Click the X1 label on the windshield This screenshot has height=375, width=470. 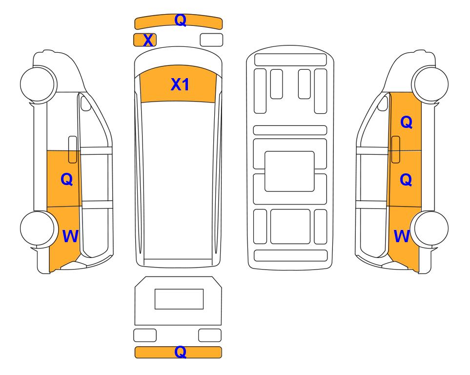(x=180, y=84)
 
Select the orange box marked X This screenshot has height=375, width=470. (x=145, y=40)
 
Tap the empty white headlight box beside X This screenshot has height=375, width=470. (x=211, y=40)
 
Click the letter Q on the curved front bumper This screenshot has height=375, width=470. (x=181, y=20)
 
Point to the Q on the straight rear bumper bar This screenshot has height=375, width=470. (x=181, y=352)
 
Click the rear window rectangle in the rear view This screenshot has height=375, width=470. (x=179, y=299)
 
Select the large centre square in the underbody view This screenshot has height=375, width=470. (x=289, y=171)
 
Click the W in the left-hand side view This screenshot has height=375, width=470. (x=70, y=236)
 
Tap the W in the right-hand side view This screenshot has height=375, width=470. (x=402, y=236)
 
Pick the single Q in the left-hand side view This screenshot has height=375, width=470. (x=66, y=179)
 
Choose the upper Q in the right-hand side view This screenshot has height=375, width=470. (x=407, y=122)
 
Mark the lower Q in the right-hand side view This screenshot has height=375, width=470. (x=406, y=180)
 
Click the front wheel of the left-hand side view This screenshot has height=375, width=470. (x=38, y=83)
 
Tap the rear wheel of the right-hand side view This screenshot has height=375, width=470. (x=429, y=229)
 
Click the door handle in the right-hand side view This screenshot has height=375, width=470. (x=396, y=149)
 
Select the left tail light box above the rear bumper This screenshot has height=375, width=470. (x=145, y=335)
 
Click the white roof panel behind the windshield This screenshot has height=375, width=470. (x=178, y=180)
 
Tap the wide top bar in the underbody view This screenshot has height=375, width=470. (x=290, y=60)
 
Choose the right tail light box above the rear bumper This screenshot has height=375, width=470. (x=210, y=335)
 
